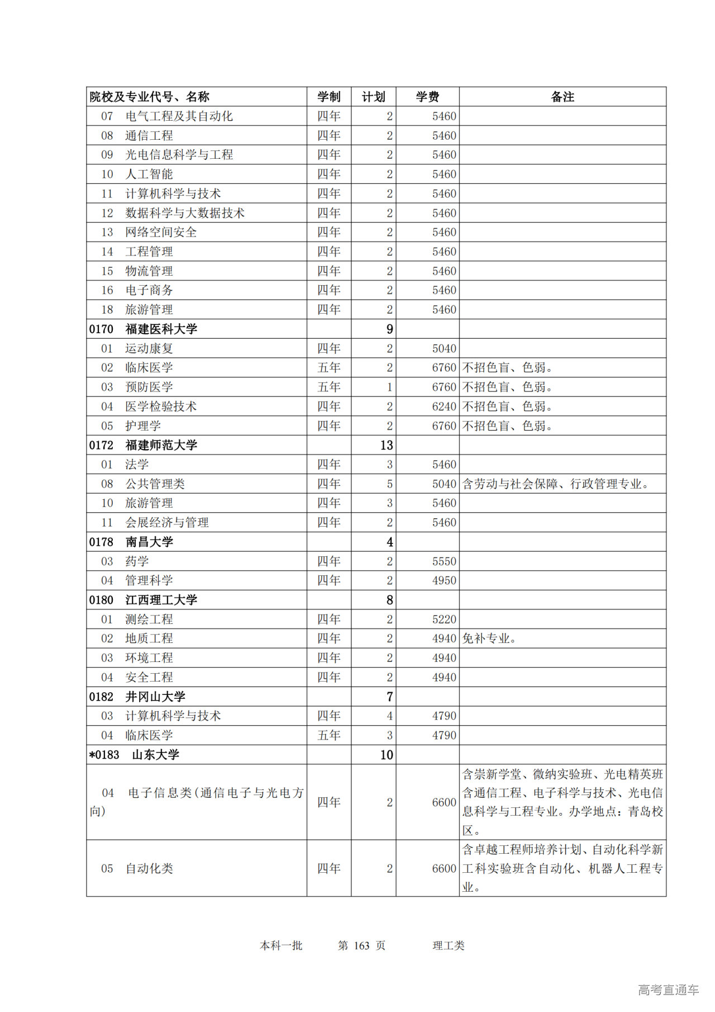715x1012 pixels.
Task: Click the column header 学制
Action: [x=328, y=97]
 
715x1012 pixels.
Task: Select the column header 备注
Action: [x=562, y=97]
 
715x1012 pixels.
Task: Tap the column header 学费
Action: [x=427, y=97]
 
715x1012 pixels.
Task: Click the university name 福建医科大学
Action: [x=161, y=329]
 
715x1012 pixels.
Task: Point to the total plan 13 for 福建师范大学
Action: [x=387, y=445]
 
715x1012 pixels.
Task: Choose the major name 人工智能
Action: [x=149, y=174]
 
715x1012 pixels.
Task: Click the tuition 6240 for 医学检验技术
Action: [x=444, y=406]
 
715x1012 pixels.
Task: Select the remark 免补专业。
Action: [x=489, y=639]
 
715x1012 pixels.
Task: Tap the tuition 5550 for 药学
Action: [x=444, y=561]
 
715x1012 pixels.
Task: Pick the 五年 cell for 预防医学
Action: [x=328, y=387]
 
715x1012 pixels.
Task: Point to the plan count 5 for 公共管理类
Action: [x=389, y=484]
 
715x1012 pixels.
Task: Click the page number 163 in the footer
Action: [x=361, y=945]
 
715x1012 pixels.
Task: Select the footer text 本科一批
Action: [x=281, y=945]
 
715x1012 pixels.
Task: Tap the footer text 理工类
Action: [x=448, y=945]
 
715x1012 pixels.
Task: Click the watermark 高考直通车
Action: [x=668, y=990]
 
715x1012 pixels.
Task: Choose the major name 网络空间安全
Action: [x=161, y=232]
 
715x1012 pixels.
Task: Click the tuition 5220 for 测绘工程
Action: [x=444, y=620]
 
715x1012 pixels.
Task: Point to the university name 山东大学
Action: [x=155, y=755]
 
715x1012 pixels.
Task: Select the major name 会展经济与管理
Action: [x=167, y=523]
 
